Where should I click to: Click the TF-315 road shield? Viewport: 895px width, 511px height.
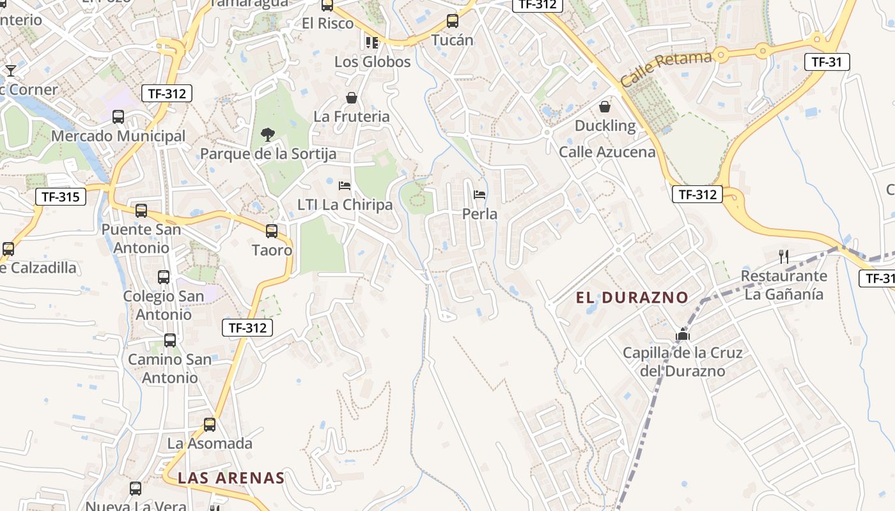point(61,197)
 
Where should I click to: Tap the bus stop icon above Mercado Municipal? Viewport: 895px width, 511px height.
point(118,117)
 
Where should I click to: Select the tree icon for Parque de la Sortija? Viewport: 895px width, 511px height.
point(268,134)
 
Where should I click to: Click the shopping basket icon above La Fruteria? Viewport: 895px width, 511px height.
point(352,98)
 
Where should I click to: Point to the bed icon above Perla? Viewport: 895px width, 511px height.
point(479,195)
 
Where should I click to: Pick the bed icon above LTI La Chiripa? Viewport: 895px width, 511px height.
point(345,186)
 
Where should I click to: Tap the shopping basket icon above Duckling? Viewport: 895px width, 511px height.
point(605,107)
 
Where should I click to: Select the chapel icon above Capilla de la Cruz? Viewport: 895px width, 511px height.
point(683,334)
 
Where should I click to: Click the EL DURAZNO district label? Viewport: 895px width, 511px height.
point(632,297)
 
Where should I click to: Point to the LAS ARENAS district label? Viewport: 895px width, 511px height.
point(231,478)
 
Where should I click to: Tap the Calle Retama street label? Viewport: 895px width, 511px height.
point(666,69)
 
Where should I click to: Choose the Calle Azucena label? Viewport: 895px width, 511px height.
point(607,152)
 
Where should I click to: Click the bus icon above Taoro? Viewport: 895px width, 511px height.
point(272,231)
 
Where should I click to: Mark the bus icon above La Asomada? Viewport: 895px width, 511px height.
point(210,424)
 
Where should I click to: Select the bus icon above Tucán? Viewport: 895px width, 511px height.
point(453,21)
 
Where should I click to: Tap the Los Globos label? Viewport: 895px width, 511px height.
point(373,62)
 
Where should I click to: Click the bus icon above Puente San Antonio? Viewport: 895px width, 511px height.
point(141,210)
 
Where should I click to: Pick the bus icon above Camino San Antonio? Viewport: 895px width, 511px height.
point(170,340)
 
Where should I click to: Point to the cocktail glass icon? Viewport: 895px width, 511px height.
point(10,70)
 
